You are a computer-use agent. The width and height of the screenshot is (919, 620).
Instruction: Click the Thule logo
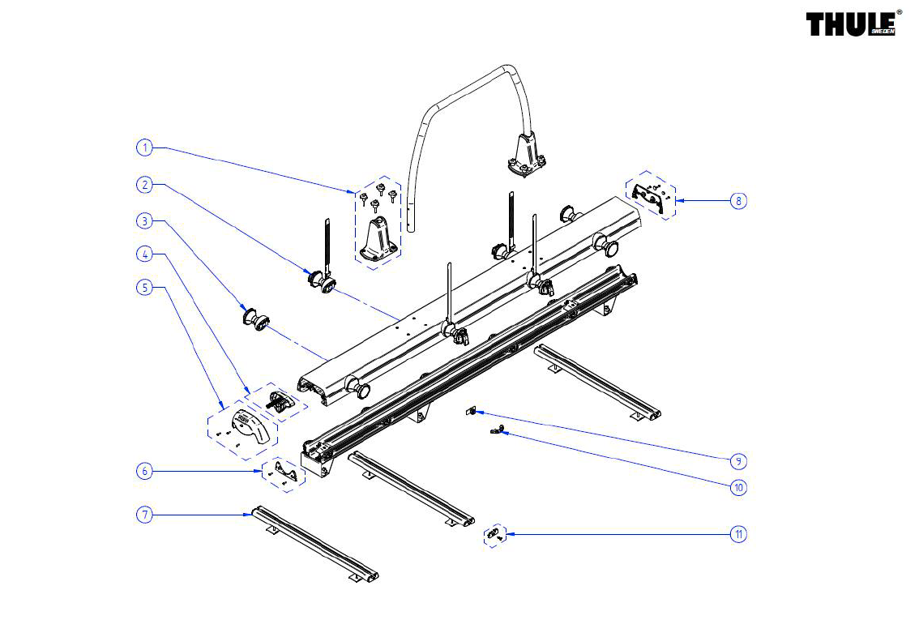click(853, 24)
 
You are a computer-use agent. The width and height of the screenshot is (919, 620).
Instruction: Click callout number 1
click(145, 148)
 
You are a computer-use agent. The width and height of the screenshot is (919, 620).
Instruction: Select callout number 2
click(145, 185)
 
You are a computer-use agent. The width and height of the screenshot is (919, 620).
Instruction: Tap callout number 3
click(145, 221)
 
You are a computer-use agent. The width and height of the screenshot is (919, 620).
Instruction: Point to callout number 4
click(145, 254)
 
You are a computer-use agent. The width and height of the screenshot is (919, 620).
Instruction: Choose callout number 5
click(145, 288)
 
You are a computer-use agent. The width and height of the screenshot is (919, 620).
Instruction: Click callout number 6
click(145, 471)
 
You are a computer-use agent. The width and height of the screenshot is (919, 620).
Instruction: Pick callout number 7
click(145, 515)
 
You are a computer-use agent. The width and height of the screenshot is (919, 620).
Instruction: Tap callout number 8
click(738, 201)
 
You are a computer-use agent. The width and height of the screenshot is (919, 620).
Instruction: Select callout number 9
click(738, 461)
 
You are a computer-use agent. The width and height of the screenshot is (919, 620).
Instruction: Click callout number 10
click(738, 487)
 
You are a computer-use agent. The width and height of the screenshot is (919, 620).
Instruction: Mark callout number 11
click(738, 534)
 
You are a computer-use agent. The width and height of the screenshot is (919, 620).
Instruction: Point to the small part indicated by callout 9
click(471, 412)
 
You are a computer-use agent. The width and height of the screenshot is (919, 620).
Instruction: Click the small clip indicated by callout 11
click(495, 534)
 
